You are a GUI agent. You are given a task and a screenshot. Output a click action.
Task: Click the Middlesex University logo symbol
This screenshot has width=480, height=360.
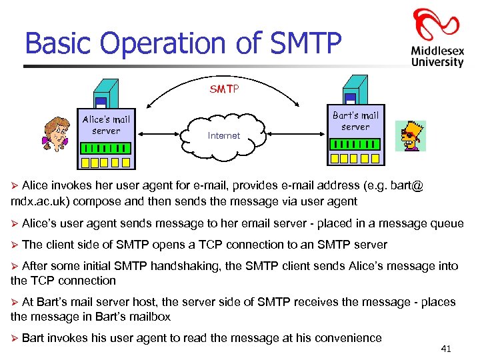[x=436, y=25]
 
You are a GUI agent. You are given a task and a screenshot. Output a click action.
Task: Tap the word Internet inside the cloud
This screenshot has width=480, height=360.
[x=224, y=135]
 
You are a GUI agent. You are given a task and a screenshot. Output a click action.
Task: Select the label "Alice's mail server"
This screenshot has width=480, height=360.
[x=106, y=125]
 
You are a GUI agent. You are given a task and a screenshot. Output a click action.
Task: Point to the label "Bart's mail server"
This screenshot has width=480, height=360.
[x=355, y=121]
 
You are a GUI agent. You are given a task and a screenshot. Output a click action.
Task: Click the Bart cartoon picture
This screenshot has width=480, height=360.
[x=409, y=136]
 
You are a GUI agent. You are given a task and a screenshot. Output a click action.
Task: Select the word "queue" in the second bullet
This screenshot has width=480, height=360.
[x=447, y=223]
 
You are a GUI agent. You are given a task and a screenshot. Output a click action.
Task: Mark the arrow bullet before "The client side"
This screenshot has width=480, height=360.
[x=15, y=245]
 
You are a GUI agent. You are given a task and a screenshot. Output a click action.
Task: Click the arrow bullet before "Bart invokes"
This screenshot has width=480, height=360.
[x=15, y=339]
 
